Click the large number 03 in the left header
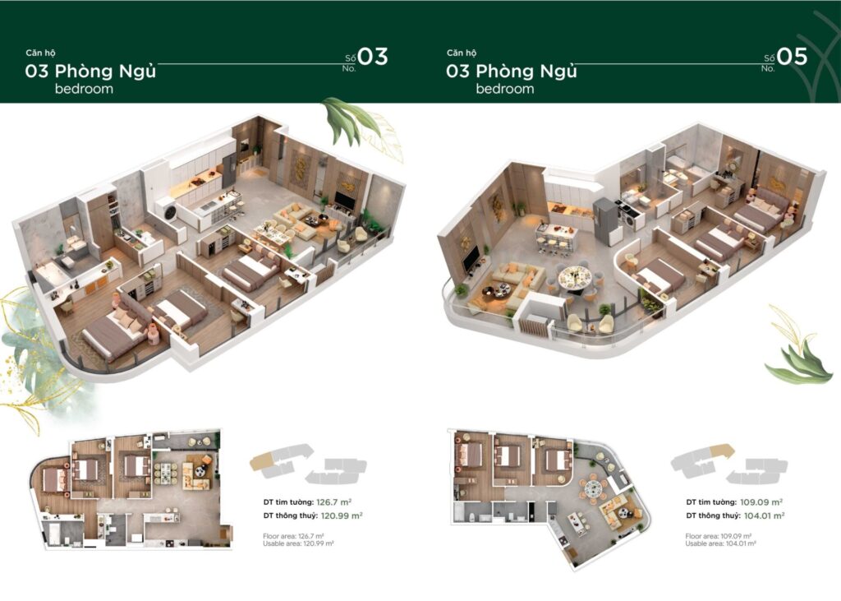[372, 57]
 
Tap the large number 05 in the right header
[793, 57]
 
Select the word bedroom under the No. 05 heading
[504, 89]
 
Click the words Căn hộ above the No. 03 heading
[40, 53]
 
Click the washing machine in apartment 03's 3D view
[171, 210]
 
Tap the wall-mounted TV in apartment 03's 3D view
[345, 201]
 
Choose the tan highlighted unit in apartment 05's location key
[720, 451]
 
